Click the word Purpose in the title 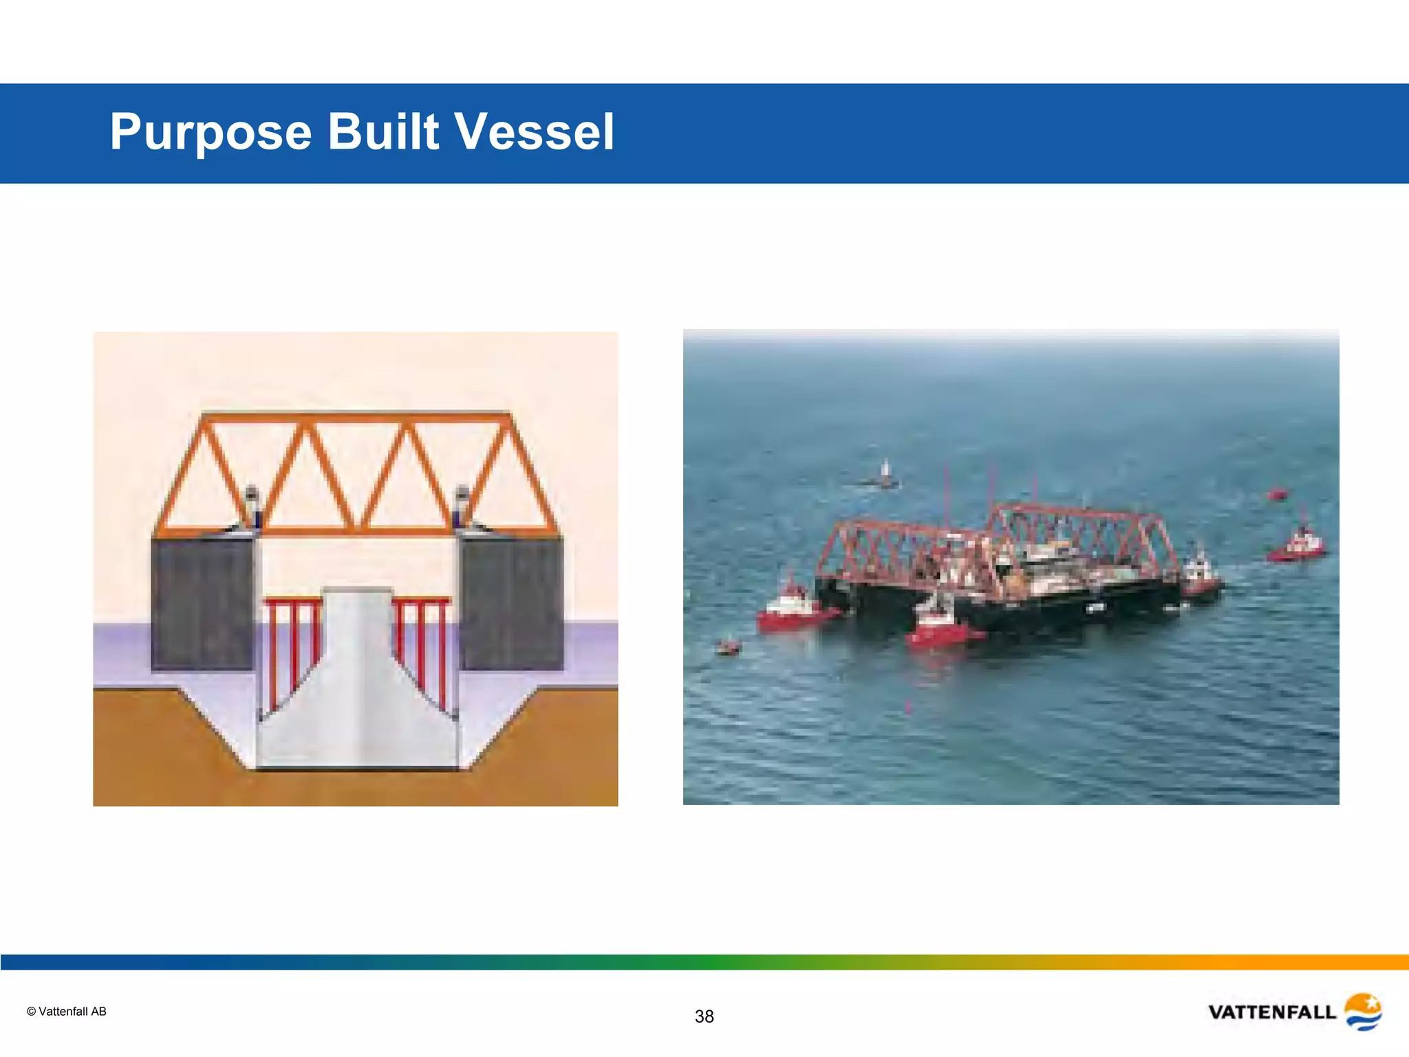(x=211, y=132)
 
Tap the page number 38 (x=704, y=1016)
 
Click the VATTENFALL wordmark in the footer (x=1271, y=1012)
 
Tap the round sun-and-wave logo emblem (x=1363, y=1011)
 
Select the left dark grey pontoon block (x=202, y=602)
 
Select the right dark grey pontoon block (x=511, y=602)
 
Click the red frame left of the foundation (x=293, y=640)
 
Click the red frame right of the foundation (x=421, y=640)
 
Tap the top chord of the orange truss (x=356, y=417)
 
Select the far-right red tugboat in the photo (x=1297, y=545)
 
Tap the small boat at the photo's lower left (x=728, y=646)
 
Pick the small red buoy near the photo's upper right (x=1277, y=493)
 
